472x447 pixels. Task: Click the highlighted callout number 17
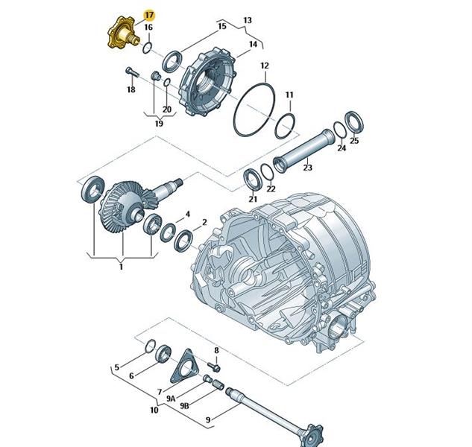149,15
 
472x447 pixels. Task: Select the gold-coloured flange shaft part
122,33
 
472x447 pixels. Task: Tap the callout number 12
265,66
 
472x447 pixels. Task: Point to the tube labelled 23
303,151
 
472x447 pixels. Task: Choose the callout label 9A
171,399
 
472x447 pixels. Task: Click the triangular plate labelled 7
184,367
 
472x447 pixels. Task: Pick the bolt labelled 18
131,72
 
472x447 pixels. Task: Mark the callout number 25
354,141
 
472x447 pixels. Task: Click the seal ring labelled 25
353,122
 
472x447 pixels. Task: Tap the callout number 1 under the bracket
121,267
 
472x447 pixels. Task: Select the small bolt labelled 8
214,367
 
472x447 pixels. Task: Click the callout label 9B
184,406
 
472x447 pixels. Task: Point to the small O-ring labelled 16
147,48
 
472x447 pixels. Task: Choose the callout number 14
254,44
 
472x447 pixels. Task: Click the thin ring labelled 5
150,346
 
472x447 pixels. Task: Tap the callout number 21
253,199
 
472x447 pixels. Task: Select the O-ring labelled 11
285,127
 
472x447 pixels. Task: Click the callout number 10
154,410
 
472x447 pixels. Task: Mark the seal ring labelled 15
172,62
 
